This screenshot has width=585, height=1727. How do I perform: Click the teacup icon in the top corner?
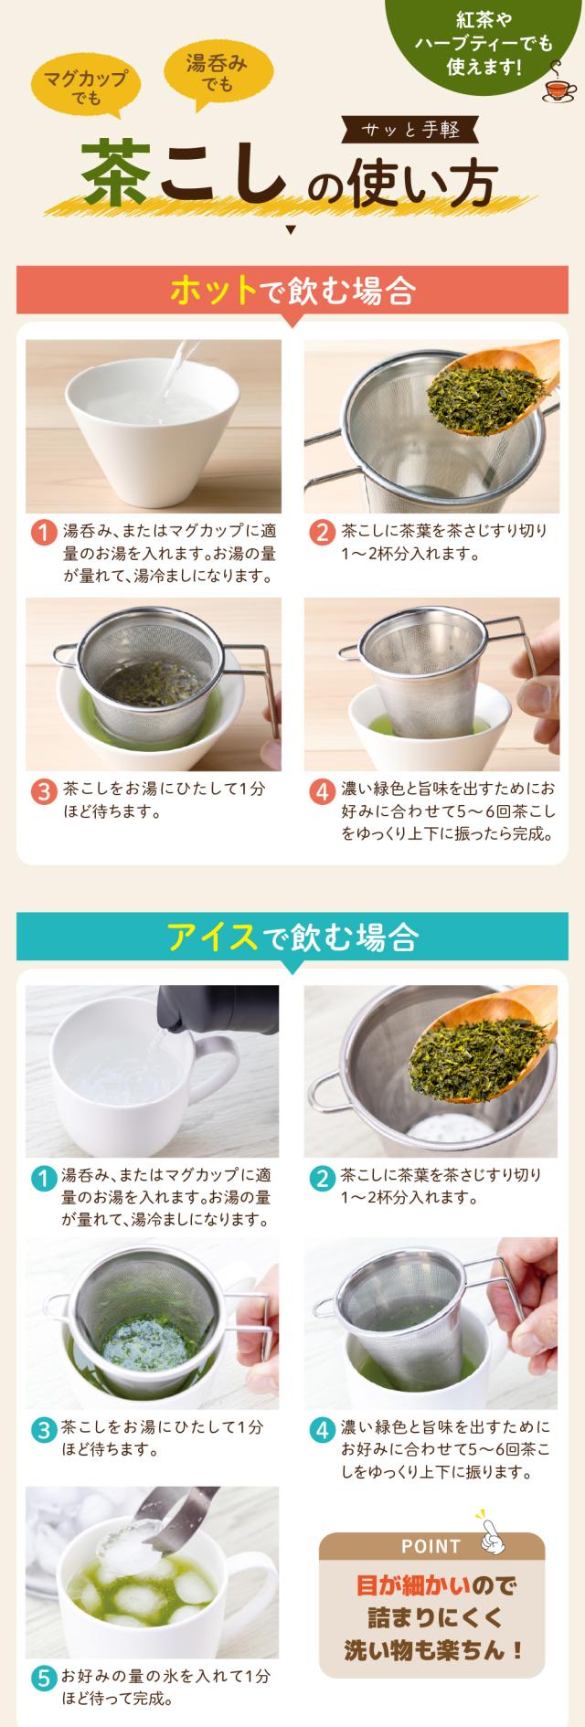(x=558, y=88)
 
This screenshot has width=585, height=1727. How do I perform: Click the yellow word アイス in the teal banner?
(x=212, y=937)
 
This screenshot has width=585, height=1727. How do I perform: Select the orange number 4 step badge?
(x=321, y=792)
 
